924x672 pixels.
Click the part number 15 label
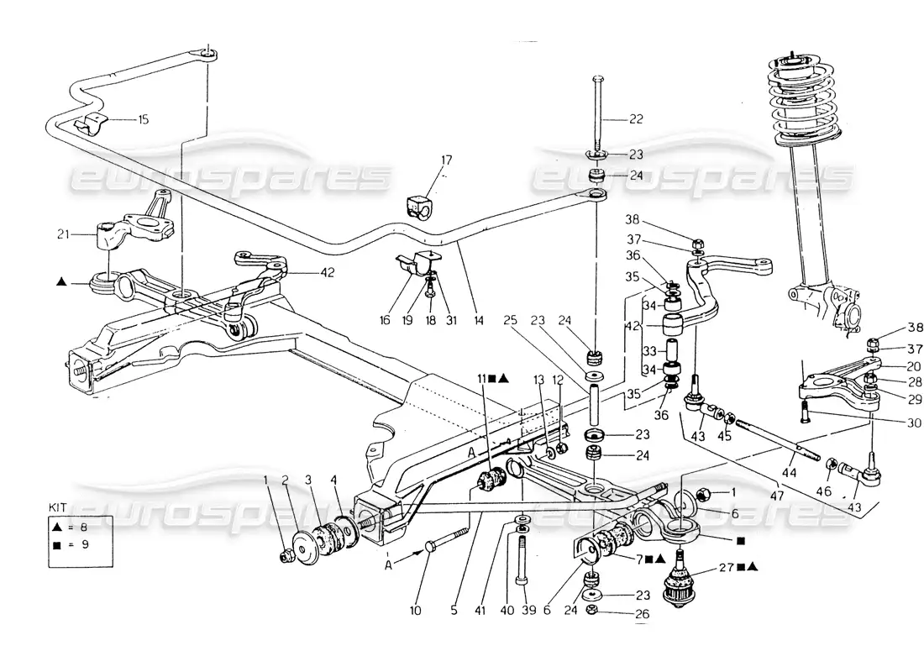point(143,120)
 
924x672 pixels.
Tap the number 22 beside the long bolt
point(636,119)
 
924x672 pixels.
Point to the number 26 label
point(643,614)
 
